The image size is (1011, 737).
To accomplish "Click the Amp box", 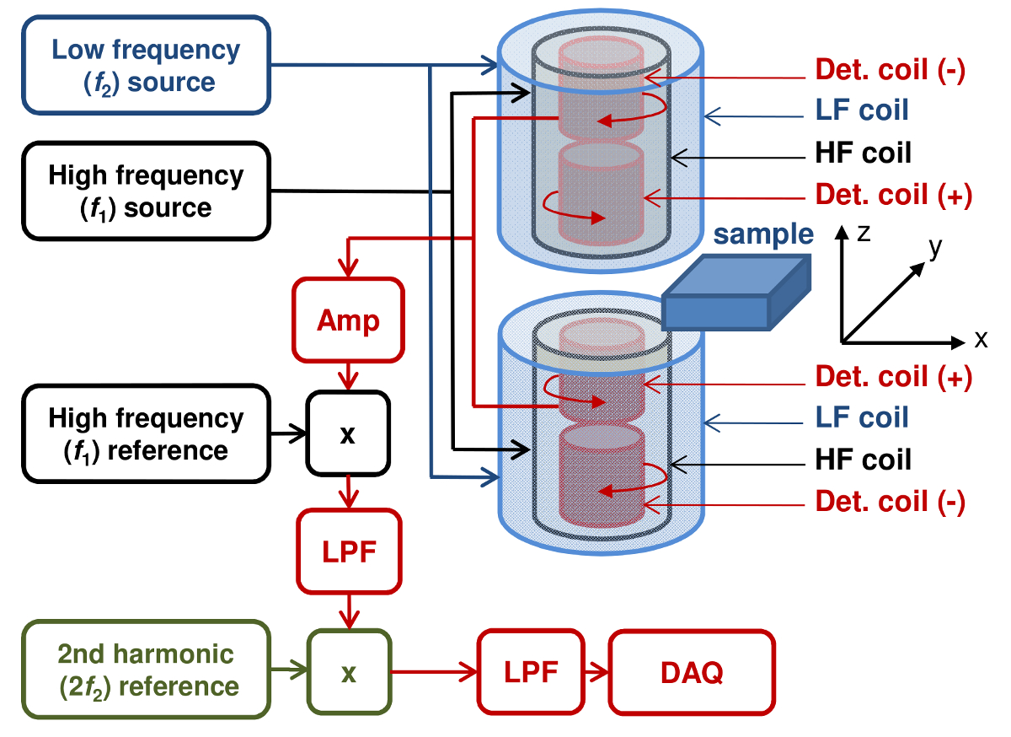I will point(348,321).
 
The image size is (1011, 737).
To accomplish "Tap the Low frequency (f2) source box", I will point(146,66).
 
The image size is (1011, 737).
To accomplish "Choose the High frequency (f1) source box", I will point(146,191).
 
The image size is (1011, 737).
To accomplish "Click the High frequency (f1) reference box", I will point(146,433).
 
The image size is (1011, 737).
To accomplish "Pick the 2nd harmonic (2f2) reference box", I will point(146,670).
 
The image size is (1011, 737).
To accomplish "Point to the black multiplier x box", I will point(348,435).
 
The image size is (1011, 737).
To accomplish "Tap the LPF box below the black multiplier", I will point(348,551).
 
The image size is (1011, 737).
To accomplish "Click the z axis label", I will point(863,234).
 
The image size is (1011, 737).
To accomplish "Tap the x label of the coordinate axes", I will point(981,340).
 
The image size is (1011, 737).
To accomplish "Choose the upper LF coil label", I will point(862,110).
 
